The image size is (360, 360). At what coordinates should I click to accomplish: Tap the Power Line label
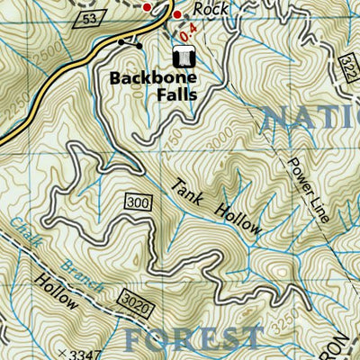click(304, 190)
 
